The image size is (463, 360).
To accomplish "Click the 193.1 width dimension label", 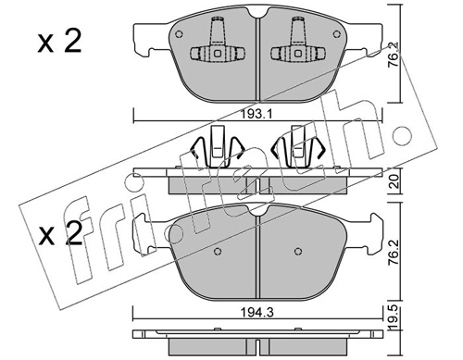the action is click(257, 115).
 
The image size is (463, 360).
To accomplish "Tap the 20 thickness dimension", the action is click(395, 181).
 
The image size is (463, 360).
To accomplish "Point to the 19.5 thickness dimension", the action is click(395, 318).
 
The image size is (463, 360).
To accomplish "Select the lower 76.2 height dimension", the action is click(395, 253).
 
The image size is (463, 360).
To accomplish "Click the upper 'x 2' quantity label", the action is click(59, 42).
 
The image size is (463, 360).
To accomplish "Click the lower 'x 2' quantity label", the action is click(60, 233).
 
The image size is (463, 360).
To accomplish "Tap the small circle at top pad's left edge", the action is click(179, 34).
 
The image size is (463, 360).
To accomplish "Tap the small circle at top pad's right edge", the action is click(336, 34).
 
